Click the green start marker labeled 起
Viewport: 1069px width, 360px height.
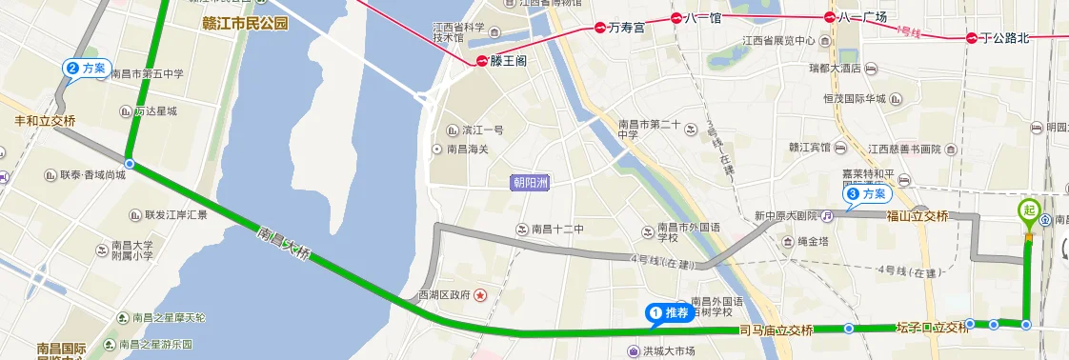point(1029,211)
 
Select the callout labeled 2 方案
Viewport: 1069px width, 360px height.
point(86,69)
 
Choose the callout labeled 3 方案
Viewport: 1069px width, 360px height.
point(867,194)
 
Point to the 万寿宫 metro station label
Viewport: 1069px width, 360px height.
point(626,28)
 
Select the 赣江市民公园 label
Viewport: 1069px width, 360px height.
point(246,24)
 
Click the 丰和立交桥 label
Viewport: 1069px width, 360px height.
point(44,121)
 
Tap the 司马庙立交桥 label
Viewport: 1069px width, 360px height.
point(776,330)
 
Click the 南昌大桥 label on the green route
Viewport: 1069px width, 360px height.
point(285,245)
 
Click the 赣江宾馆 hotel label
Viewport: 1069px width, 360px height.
point(810,149)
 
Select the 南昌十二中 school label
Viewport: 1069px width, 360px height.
point(556,229)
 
